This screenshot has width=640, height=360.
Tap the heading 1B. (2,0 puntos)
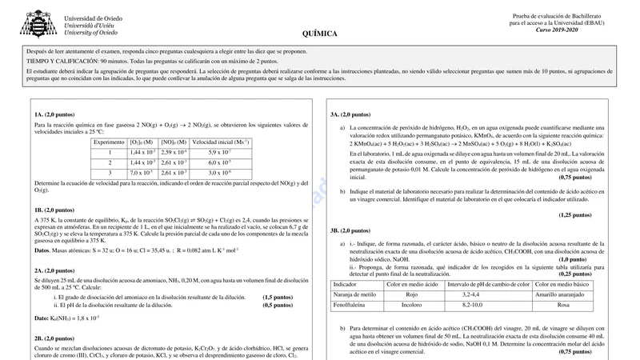pos(55,210)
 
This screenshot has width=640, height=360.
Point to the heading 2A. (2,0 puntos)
pos(55,270)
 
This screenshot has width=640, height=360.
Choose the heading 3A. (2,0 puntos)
pos(350,114)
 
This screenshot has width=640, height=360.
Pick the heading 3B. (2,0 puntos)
pos(350,231)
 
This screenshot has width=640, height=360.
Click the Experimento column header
pos(109,142)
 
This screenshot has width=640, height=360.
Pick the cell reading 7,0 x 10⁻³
pos(142,173)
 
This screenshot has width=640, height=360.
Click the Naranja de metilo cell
pos(354,295)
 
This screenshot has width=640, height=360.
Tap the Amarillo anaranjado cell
pos(563,295)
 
